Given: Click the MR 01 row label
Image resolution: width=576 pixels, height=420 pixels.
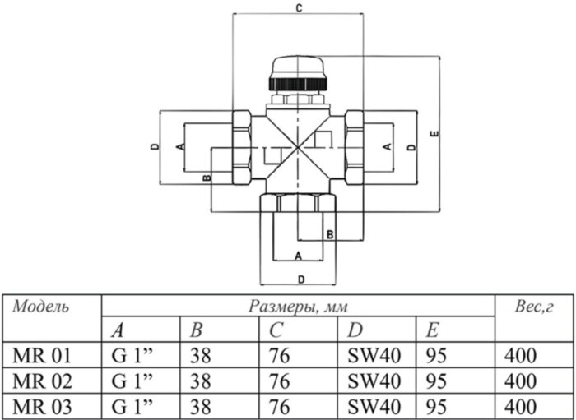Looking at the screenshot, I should [43, 356].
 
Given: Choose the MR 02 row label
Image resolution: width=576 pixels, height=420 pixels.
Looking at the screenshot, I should [43, 381].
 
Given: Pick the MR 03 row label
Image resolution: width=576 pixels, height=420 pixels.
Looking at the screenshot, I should [43, 405].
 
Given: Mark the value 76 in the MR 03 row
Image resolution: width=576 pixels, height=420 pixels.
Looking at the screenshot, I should [281, 405].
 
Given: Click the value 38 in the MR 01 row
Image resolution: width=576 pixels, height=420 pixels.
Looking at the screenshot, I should [201, 356].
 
